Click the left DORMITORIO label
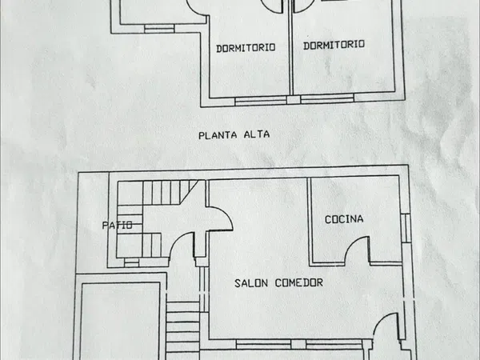246,48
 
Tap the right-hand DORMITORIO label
334,45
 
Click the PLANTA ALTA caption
234,135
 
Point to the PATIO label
118,226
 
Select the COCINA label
344,219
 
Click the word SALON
251,283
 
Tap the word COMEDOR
299,282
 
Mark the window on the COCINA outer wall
406,228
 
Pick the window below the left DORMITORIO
261,101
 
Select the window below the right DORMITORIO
327,99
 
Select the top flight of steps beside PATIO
170,192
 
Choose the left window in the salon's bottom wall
263,344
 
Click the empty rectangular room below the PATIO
120,321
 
